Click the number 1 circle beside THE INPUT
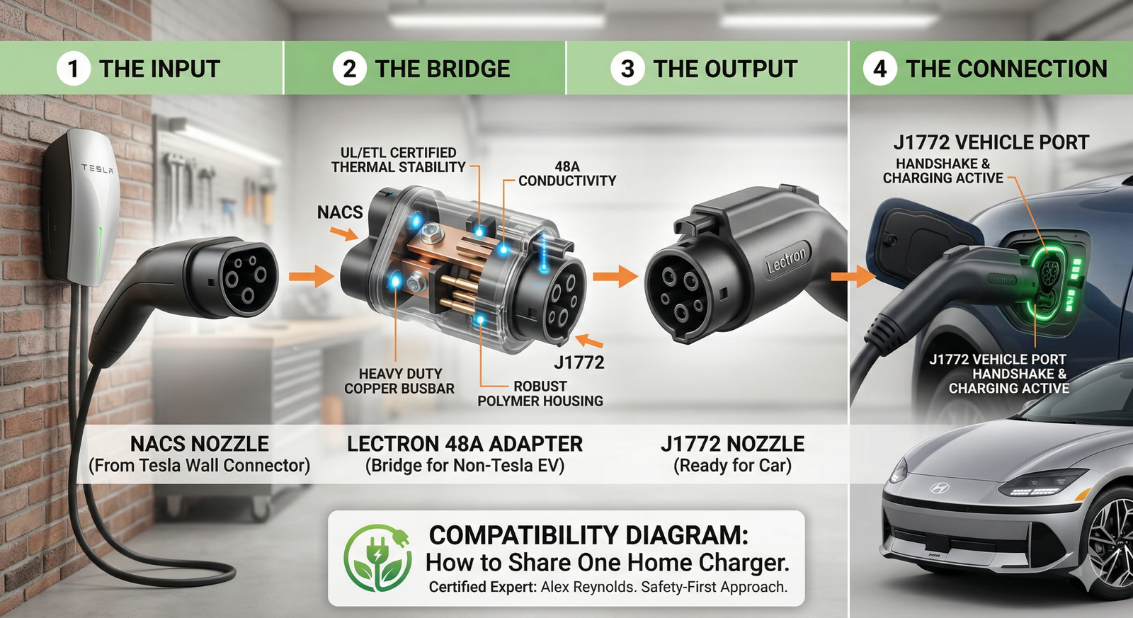click(x=73, y=69)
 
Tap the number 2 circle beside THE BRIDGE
click(x=349, y=69)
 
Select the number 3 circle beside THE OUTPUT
click(x=627, y=69)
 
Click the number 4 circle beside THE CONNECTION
click(x=880, y=69)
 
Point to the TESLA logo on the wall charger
click(x=97, y=168)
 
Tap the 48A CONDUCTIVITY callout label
click(x=566, y=173)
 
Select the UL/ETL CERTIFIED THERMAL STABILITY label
click(x=398, y=160)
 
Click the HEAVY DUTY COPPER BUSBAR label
click(x=399, y=381)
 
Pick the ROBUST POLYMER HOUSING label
click(x=540, y=394)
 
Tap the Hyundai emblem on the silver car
click(x=939, y=488)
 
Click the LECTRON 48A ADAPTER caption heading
click(x=465, y=444)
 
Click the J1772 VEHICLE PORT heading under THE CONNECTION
click(x=991, y=142)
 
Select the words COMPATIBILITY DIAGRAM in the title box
click(x=588, y=534)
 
